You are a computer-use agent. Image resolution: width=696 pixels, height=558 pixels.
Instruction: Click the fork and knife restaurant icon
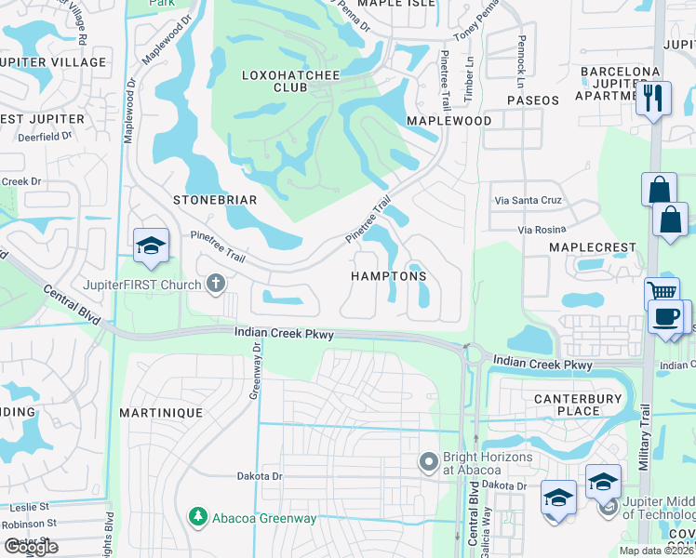653,98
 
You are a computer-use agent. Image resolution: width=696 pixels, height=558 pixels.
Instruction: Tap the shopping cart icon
662,292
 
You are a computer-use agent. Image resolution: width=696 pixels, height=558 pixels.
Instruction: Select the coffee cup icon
665,316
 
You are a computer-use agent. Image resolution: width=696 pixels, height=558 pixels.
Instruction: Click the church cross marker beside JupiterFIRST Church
216,283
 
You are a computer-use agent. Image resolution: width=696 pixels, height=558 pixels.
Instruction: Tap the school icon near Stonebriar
150,246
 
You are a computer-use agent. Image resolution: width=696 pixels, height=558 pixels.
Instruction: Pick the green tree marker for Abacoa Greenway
196,515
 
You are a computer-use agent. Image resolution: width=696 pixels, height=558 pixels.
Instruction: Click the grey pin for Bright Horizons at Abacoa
428,461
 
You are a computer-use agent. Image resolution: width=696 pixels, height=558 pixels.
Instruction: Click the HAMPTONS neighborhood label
388,276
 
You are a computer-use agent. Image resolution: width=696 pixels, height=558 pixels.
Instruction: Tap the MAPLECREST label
592,248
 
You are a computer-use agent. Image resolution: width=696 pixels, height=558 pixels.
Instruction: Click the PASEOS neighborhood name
533,100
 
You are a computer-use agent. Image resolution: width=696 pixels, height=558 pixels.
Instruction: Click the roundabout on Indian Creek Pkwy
472,352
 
